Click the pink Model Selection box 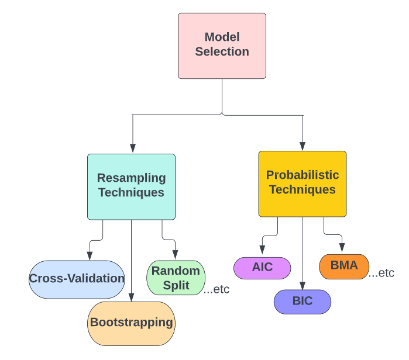(x=222, y=46)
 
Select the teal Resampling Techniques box (x=131, y=186)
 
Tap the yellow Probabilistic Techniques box (x=302, y=184)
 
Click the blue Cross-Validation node (x=77, y=279)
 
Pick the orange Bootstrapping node (x=131, y=323)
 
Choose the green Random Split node (x=176, y=278)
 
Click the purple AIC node (x=262, y=268)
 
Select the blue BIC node (x=303, y=302)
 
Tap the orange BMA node (x=343, y=266)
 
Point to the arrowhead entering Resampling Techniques (x=133, y=148)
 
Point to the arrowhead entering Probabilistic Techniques (x=303, y=146)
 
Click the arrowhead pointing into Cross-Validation (x=90, y=255)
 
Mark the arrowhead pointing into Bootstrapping (x=131, y=297)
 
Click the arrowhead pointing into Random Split (x=176, y=255)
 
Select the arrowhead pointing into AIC (x=262, y=252)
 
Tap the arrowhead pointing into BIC (x=303, y=285)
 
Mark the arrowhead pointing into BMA (x=342, y=249)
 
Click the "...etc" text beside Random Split (x=216, y=289)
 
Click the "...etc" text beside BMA (x=381, y=273)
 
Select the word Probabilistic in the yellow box (x=302, y=175)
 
